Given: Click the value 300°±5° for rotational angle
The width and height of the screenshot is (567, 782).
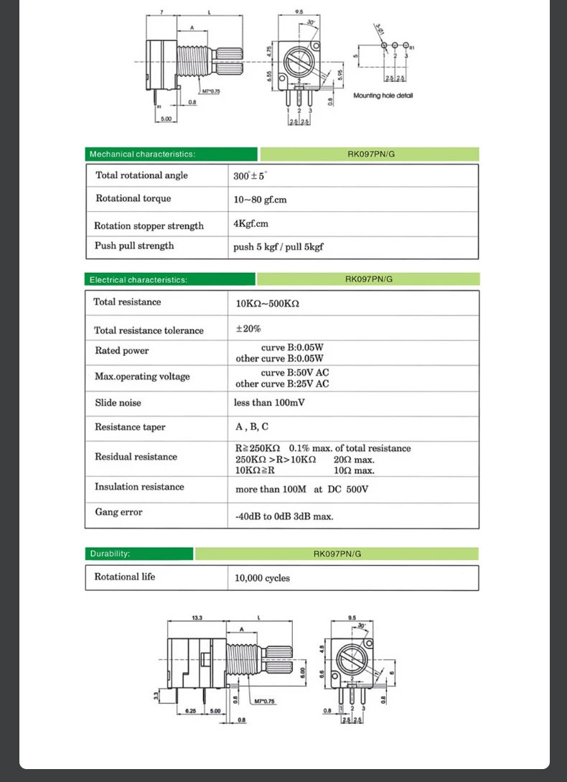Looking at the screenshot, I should (249, 176).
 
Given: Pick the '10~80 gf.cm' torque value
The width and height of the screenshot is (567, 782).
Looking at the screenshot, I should (260, 200).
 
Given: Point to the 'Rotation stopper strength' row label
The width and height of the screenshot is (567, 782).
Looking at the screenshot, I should (149, 225).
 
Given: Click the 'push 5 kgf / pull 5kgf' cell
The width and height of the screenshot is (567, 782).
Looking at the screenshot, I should (278, 247).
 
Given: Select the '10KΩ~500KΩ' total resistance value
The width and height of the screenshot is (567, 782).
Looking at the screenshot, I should (267, 304).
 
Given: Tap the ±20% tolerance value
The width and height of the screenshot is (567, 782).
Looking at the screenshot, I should (248, 329).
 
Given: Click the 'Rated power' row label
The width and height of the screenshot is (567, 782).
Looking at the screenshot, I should (122, 350).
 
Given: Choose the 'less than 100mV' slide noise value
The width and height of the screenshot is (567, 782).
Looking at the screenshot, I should (269, 403).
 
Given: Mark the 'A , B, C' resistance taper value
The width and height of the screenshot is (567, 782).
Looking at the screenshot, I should (251, 427).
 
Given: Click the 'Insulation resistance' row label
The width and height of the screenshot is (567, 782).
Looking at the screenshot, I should (139, 487).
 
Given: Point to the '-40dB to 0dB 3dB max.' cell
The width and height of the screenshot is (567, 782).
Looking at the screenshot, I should (284, 516).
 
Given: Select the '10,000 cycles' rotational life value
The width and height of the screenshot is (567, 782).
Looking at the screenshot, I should (263, 578).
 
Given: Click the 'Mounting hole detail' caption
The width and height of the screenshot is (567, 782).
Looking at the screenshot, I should (383, 96).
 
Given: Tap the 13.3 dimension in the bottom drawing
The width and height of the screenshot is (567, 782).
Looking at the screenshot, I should (197, 618).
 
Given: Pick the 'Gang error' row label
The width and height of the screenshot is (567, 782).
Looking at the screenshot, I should (118, 512).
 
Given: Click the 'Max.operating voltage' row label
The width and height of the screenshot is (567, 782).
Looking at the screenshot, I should (142, 376).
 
